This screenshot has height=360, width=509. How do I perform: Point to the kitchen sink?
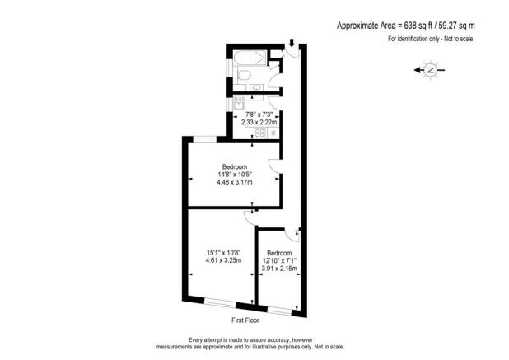click(x=239, y=105)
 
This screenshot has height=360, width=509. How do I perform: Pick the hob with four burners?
click(x=259, y=133)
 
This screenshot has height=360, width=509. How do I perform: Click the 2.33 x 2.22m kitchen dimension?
click(x=254, y=121)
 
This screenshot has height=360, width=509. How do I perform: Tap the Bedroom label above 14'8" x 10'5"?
click(x=235, y=166)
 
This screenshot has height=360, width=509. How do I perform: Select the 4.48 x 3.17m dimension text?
click(x=235, y=183)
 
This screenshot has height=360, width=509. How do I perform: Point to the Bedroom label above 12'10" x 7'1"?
click(x=278, y=253)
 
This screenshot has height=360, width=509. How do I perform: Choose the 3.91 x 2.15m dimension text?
click(x=278, y=269)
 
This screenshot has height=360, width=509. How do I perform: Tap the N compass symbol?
click(x=430, y=72)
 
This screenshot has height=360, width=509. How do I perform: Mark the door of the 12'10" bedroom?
click(x=296, y=235)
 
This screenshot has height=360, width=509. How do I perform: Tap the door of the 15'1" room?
click(x=249, y=217)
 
